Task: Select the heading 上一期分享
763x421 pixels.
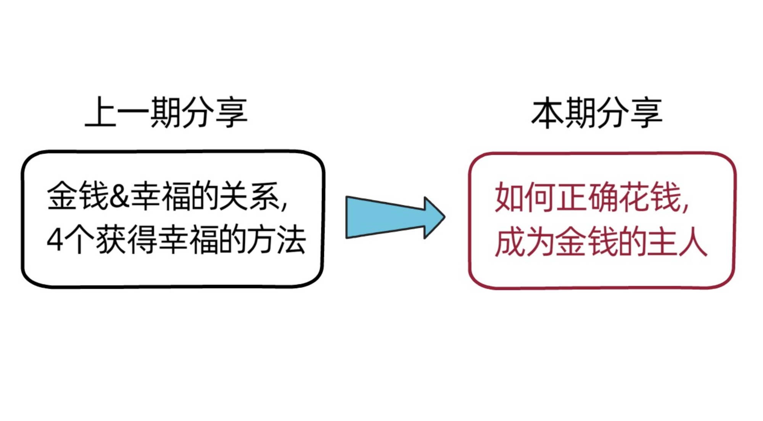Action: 166,112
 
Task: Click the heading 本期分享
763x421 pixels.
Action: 597,112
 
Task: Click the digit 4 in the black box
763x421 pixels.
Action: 55,240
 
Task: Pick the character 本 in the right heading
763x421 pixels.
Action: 547,112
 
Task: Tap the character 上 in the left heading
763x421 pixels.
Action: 100,112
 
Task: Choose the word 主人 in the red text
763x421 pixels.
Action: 677,242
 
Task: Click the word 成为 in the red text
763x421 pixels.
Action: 525,242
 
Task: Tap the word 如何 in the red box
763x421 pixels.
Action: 525,198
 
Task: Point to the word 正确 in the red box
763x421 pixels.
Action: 588,198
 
